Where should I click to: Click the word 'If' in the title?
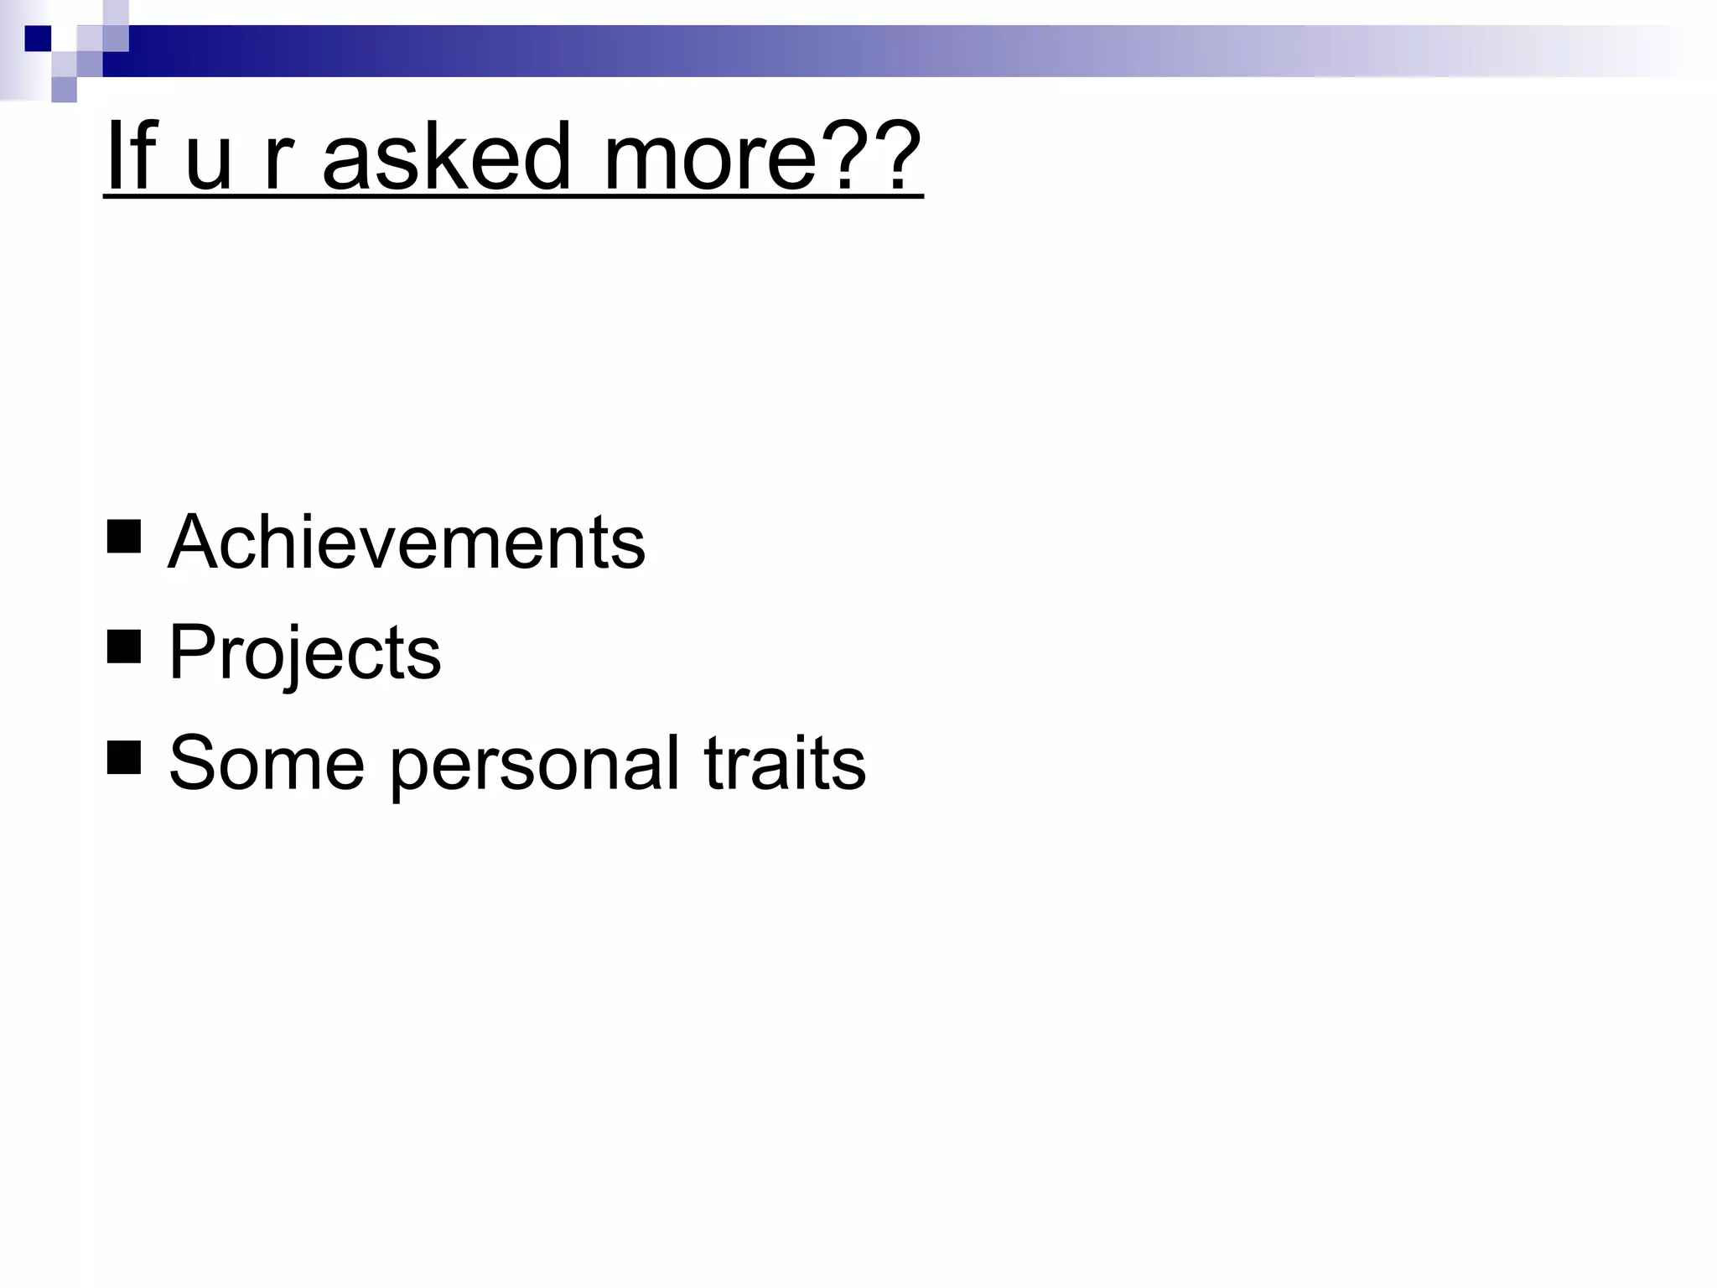click(132, 157)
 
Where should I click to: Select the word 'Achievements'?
click(407, 543)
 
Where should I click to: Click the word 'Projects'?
click(304, 653)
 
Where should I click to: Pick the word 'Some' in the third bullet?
click(267, 763)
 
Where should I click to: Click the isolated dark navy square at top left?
click(38, 39)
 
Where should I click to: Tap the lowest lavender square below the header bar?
click(64, 90)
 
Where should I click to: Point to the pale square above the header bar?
click(116, 12)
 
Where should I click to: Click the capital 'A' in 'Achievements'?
click(195, 543)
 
